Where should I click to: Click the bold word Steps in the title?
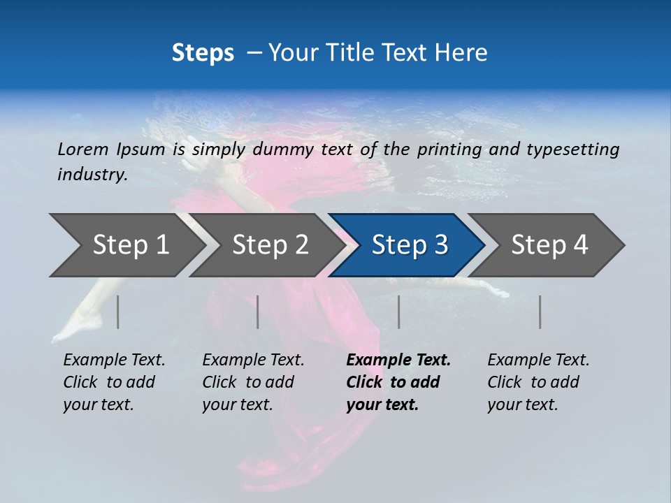coord(203,52)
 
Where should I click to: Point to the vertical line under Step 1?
coord(118,312)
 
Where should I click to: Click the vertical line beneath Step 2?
coord(258,312)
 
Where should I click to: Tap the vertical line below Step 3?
coord(399,312)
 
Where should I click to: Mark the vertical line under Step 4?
coord(540,312)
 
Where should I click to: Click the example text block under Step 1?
coord(114,382)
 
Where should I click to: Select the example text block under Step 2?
coord(253,382)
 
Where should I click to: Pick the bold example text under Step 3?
coord(398,382)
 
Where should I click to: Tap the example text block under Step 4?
coord(538,382)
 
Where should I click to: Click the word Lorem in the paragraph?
coord(83,149)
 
